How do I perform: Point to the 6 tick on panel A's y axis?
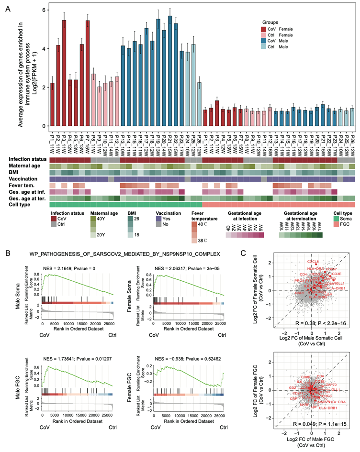(x=44, y=10)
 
